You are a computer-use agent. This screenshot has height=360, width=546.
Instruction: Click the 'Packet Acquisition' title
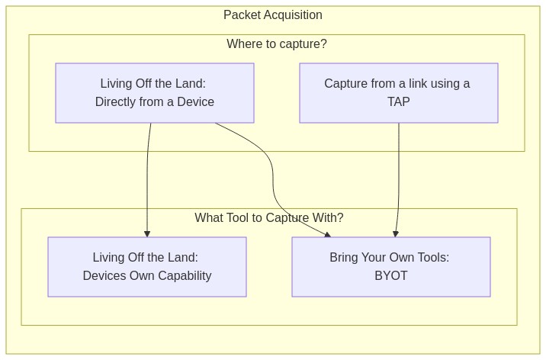point(273,15)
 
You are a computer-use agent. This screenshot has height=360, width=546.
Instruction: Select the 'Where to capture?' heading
point(277,44)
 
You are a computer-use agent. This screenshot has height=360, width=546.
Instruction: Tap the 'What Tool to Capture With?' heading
point(269,217)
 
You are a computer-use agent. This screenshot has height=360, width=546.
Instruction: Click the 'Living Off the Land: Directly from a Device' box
point(155,93)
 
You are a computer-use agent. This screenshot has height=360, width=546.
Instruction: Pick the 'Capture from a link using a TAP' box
point(399,93)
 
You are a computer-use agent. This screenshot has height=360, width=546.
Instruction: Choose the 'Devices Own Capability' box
point(147,267)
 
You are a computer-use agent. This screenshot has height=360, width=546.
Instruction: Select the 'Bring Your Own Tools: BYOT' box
point(391,267)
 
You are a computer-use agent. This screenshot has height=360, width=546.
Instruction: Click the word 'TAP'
point(399,101)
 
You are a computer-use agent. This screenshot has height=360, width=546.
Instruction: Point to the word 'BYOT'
point(391,276)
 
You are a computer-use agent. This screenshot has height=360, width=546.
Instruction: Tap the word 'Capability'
point(185,276)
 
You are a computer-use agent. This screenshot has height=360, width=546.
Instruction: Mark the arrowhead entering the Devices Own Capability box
point(147,233)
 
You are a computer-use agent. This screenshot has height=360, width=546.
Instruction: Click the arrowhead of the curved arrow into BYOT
point(327,235)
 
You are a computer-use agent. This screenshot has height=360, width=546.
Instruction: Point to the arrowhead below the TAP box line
point(396,233)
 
